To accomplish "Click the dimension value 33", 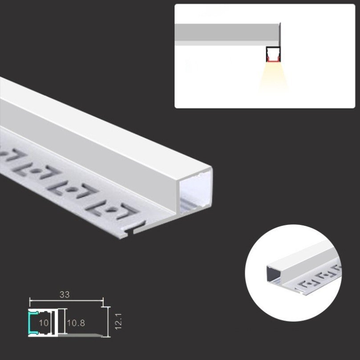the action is (64, 295).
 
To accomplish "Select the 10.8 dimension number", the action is (76, 323).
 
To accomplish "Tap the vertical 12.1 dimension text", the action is (118, 321).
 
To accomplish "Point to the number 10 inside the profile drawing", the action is (44, 323).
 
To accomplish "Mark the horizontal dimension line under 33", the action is (66, 300).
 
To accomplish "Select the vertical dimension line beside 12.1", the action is (108, 322).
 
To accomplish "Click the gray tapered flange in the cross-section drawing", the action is (81, 335).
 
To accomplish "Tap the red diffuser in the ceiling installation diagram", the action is (273, 61).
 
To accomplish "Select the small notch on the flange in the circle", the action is (301, 292).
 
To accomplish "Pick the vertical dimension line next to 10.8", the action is (65, 321).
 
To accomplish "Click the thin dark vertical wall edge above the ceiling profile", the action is (280, 34).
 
